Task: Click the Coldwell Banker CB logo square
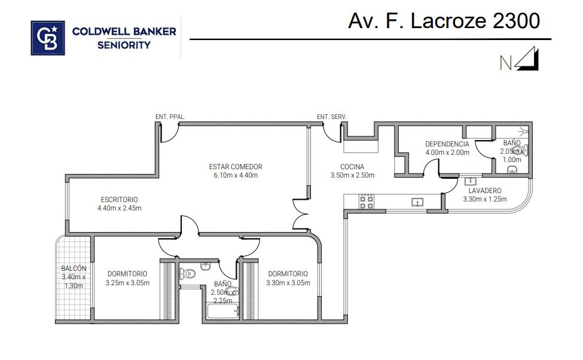(48, 38)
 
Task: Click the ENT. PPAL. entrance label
(170, 117)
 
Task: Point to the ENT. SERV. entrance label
(332, 117)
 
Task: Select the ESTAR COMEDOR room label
(236, 167)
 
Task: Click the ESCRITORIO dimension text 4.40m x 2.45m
(120, 208)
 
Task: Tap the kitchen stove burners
(366, 202)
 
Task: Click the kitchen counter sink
(417, 202)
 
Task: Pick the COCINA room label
(352, 167)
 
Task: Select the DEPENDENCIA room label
(447, 144)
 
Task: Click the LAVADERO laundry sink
(471, 181)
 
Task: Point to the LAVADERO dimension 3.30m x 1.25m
(485, 199)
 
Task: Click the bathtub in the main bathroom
(222, 312)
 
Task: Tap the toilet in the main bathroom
(188, 274)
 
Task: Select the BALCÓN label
(74, 268)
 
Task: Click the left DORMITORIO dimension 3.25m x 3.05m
(127, 283)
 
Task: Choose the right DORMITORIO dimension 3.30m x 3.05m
(288, 283)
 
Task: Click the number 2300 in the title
(516, 21)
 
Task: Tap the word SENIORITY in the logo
(124, 45)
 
